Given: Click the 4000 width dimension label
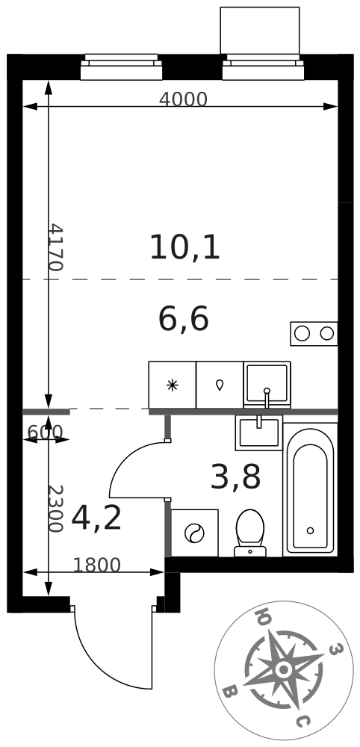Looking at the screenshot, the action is tap(183, 99).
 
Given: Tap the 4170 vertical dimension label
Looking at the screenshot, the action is tap(56, 247).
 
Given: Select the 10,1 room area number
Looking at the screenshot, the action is tap(184, 248).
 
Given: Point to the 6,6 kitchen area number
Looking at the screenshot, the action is tap(183, 319).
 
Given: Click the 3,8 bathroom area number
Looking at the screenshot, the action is tap(235, 478).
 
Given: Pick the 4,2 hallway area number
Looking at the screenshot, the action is tap(96, 519).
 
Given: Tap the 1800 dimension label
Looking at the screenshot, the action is tap(96, 565).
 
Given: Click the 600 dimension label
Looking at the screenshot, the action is tap(45, 432).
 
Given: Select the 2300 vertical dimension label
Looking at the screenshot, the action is tap(56, 509).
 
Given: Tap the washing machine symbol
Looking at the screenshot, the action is tap(194, 533).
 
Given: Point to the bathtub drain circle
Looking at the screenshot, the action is tap(311, 530).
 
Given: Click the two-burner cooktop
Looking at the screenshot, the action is tap(314, 333).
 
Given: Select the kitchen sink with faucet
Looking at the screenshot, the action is tap(267, 385).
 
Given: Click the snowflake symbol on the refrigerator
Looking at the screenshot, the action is tap(172, 385).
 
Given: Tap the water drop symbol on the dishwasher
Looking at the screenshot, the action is tap(220, 385).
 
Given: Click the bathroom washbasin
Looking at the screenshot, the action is tap(259, 433).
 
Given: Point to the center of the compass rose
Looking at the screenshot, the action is tap(284, 670).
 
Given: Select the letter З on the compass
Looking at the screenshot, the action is tap(335, 648).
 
